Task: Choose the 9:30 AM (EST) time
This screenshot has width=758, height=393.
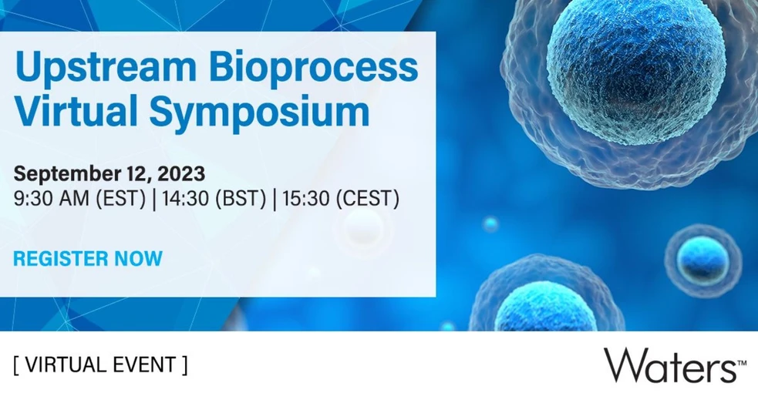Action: [80, 198]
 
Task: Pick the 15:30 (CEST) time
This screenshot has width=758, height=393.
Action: [341, 198]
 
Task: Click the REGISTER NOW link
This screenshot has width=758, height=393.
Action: [88, 259]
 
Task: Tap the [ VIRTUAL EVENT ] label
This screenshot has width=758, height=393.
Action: [100, 364]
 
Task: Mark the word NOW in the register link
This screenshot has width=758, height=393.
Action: [139, 259]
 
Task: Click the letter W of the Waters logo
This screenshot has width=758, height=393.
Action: [623, 364]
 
